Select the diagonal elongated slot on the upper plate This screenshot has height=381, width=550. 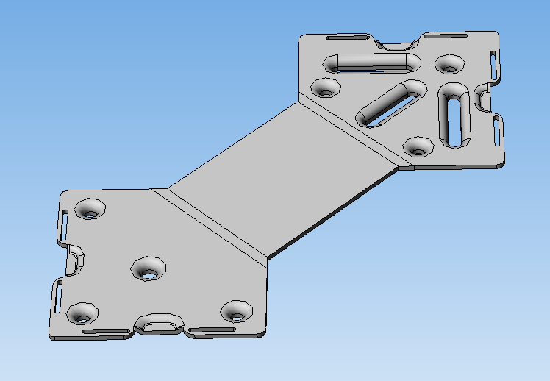point(390,103)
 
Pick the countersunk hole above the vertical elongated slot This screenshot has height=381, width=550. point(448,65)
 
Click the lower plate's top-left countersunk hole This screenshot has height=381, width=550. point(91,209)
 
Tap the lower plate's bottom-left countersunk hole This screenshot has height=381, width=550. point(82,315)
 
